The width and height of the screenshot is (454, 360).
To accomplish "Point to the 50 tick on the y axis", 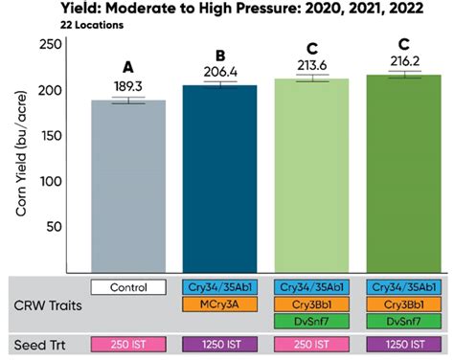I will (x=44, y=227).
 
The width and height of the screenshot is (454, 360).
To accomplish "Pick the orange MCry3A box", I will (x=222, y=304).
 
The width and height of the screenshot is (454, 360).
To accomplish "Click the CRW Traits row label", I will (x=46, y=304).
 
